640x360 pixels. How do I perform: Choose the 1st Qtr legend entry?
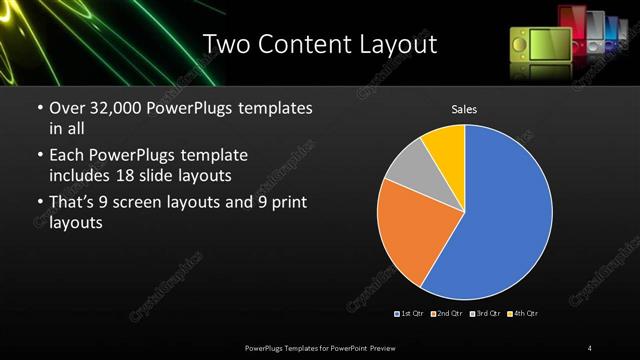pos(410,314)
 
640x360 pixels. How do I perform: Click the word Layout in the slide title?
pos(399,45)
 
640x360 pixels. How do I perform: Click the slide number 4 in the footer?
pos(590,347)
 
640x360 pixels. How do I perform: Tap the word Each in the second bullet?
pos(66,156)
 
